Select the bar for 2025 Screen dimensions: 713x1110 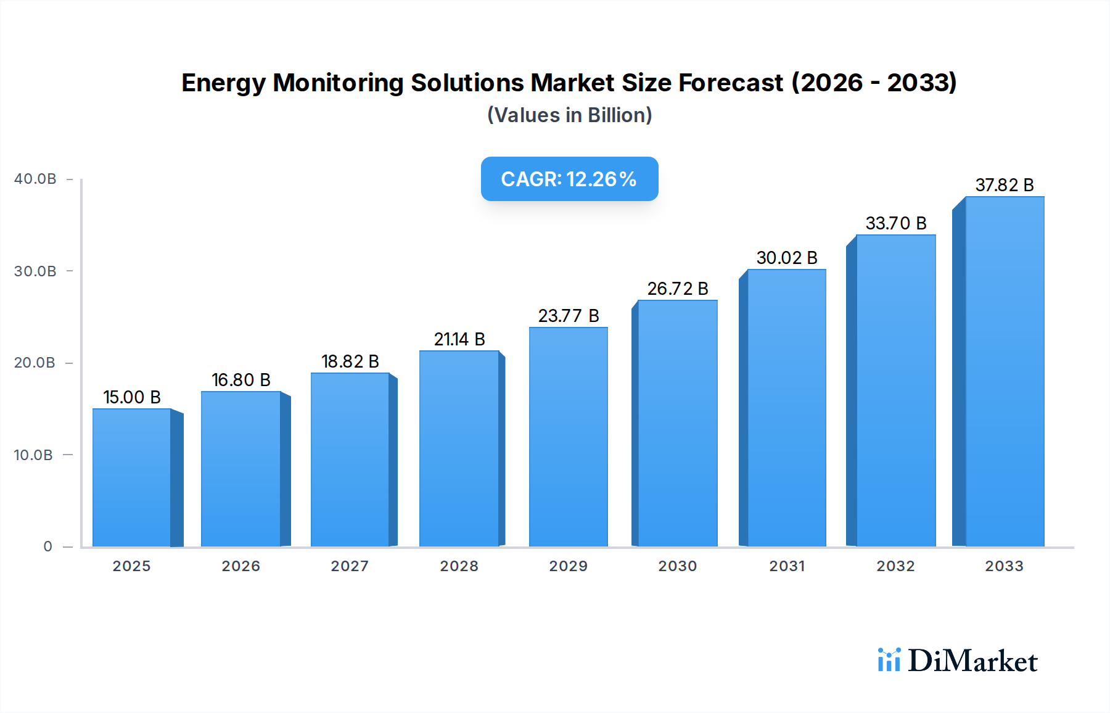(x=132, y=478)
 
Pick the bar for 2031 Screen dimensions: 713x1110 (x=786, y=408)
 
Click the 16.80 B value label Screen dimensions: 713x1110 (x=241, y=380)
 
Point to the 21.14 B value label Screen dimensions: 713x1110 (x=459, y=339)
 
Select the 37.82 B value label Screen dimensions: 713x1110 (x=1004, y=185)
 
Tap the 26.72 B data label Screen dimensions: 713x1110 (x=677, y=289)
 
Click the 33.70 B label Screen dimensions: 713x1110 (x=895, y=223)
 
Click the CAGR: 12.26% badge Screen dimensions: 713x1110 (x=569, y=179)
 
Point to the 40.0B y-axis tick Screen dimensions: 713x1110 (x=35, y=179)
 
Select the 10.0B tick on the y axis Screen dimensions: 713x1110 (x=33, y=455)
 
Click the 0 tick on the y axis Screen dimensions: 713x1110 (x=47, y=546)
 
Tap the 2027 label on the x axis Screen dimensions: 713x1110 (x=350, y=566)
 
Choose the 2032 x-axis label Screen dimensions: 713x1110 (x=895, y=566)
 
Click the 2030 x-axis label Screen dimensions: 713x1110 (x=677, y=566)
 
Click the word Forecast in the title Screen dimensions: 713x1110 (x=731, y=83)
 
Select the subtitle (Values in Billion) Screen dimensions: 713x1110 (x=569, y=115)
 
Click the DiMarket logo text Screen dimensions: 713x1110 (x=972, y=661)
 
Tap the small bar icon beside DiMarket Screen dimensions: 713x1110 (x=889, y=660)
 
